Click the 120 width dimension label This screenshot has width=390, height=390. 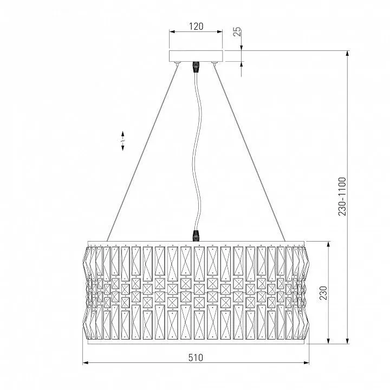tap(196, 27)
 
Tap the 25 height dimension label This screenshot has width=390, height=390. tap(237, 31)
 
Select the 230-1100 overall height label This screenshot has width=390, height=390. tap(342, 197)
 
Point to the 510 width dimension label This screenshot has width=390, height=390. tap(196, 357)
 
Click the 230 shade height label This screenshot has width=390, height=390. tap(323, 292)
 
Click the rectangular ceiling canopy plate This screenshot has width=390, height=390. tap(196, 56)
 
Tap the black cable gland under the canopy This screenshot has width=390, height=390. tap(196, 67)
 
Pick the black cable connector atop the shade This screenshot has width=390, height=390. tap(196, 236)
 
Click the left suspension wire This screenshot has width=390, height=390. tap(142, 153)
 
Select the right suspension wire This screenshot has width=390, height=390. tap(250, 153)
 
